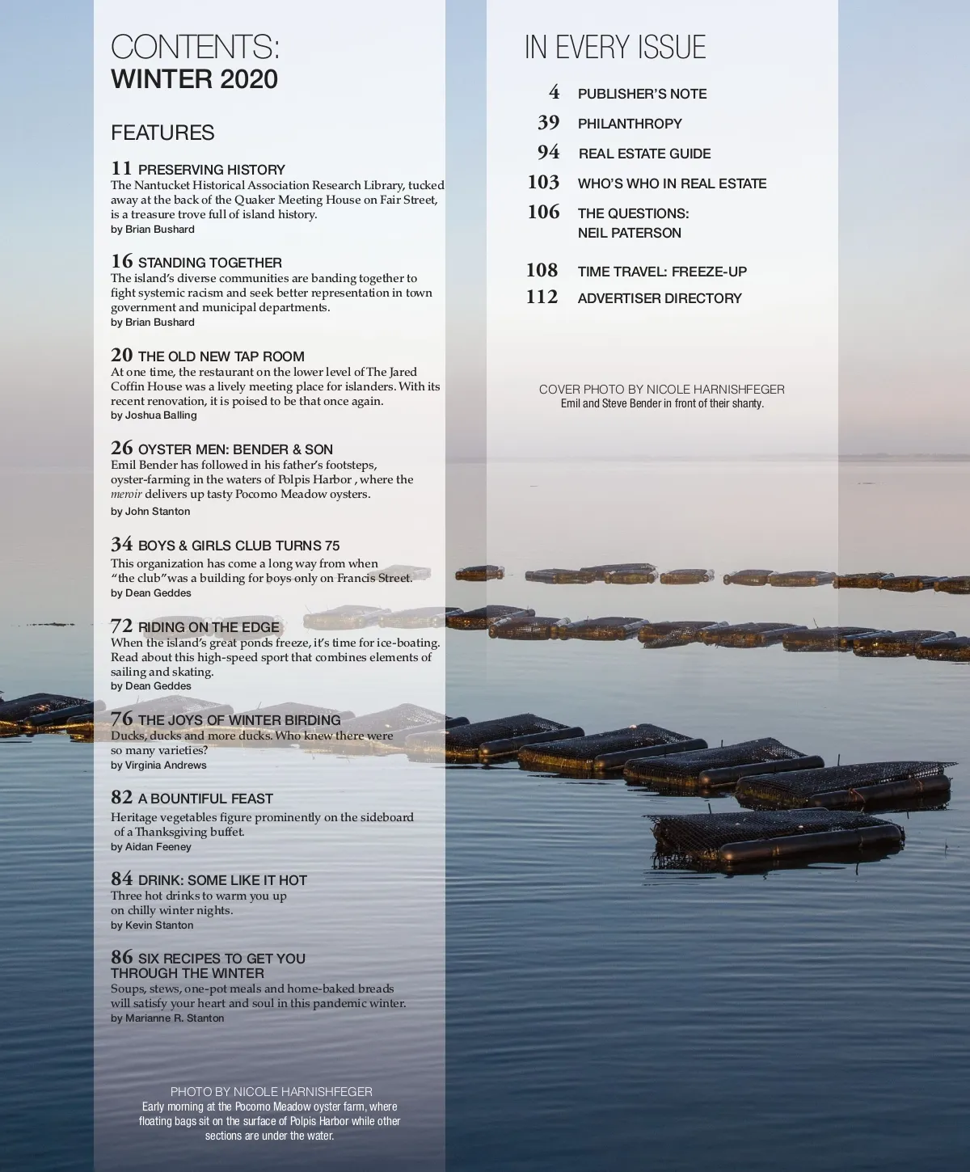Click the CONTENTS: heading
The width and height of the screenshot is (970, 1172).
click(195, 47)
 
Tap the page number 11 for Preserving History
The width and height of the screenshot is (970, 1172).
click(121, 169)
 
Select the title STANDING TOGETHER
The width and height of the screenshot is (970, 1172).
click(209, 263)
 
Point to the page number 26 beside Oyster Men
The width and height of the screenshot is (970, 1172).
click(122, 449)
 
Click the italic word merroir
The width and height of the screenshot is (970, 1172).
click(126, 494)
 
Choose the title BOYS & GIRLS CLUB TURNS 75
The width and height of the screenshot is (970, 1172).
click(238, 546)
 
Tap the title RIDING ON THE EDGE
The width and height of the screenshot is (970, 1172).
click(209, 627)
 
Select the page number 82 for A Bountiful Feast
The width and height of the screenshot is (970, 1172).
click(122, 798)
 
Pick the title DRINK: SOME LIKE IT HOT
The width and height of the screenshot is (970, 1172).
click(222, 880)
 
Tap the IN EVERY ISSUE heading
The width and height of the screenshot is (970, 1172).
click(615, 48)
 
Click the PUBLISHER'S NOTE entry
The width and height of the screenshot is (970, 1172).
click(642, 94)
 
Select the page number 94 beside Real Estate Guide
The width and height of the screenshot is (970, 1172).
click(548, 153)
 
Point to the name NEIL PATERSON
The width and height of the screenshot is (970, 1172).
click(629, 233)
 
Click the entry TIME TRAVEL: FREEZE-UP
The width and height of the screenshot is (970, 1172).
click(662, 272)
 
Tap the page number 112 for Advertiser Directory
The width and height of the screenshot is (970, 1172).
click(542, 297)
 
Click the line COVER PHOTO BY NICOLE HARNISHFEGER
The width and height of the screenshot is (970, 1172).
click(661, 390)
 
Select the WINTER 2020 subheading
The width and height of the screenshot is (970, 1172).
click(194, 79)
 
